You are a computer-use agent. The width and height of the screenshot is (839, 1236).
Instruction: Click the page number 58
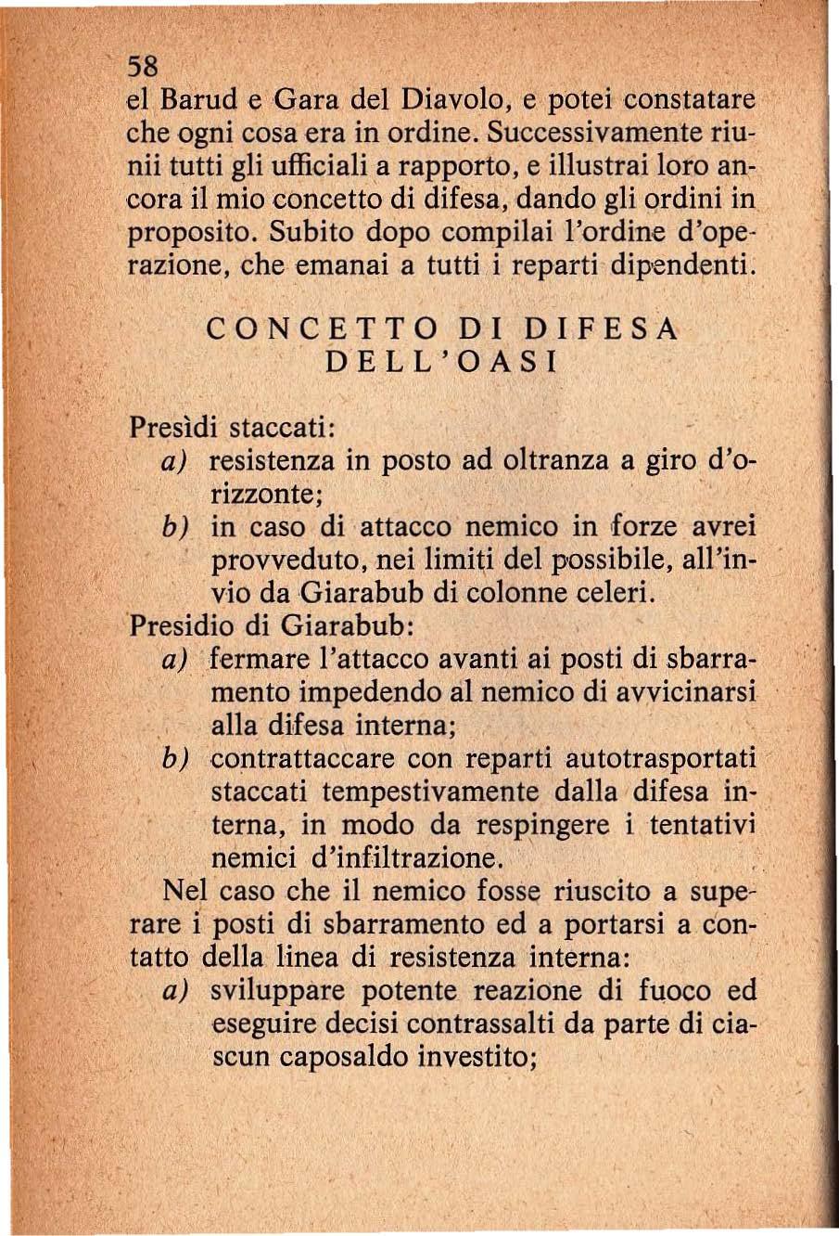(x=143, y=66)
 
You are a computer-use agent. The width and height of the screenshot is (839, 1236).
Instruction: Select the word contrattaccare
(x=302, y=759)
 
